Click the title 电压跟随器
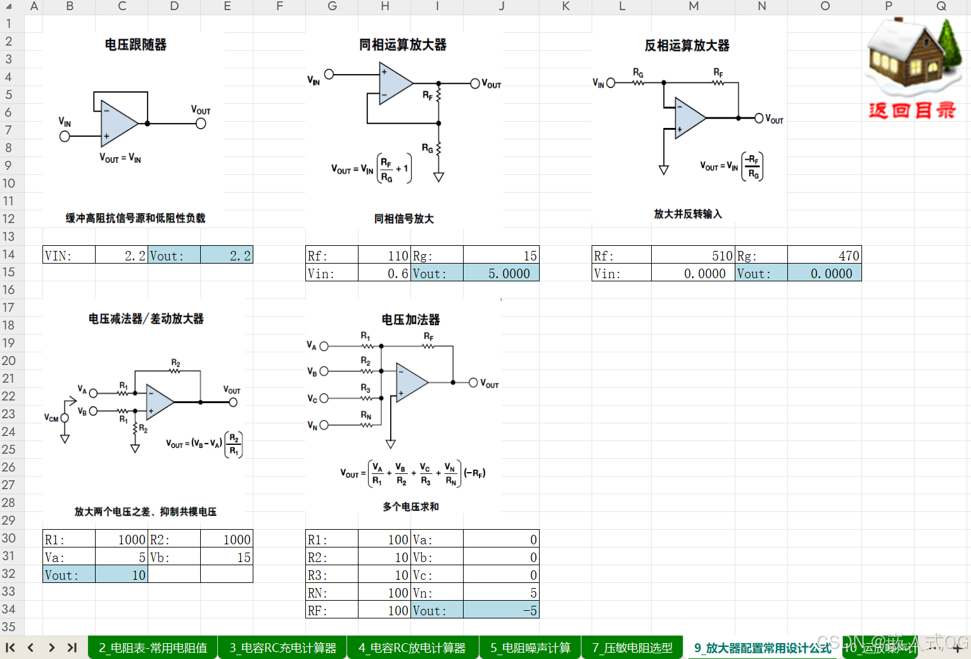tap(136, 45)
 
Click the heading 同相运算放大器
tap(402, 45)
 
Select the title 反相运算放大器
tap(687, 46)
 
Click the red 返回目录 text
tap(911, 111)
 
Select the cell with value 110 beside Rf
tap(384, 255)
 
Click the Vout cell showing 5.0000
tap(501, 273)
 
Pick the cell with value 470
tap(824, 255)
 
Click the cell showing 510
tap(693, 255)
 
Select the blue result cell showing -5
tap(501, 611)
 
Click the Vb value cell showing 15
tap(226, 558)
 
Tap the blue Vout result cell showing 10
tap(121, 575)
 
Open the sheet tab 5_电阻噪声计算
tap(530, 648)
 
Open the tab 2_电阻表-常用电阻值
tap(153, 648)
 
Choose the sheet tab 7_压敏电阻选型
tap(632, 648)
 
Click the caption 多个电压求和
tap(410, 506)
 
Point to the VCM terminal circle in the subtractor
tap(65, 418)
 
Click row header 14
tap(8, 254)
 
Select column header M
tap(694, 6)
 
